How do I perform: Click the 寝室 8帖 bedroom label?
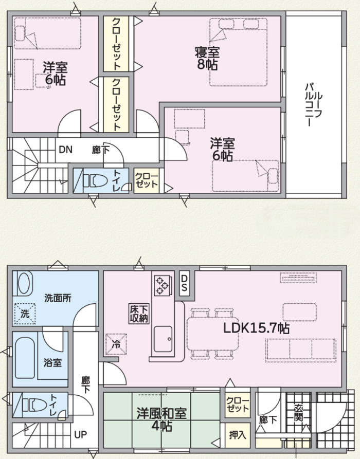point(207,59)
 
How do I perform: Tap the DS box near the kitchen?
point(184,283)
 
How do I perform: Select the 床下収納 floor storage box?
point(139,314)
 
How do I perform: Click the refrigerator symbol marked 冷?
point(116,344)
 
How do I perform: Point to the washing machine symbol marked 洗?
point(25,314)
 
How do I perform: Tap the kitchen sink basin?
point(163,339)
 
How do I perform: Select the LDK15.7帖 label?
point(257,328)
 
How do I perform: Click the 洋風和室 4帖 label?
point(161,420)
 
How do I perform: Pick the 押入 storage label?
point(237,435)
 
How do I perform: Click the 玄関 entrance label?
point(298,412)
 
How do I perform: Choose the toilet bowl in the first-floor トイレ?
point(35,406)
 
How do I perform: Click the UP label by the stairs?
point(80,435)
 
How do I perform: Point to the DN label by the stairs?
point(66,150)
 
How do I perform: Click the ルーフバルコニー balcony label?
point(314,104)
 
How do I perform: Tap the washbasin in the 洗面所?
point(24,283)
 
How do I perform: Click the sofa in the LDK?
point(300,348)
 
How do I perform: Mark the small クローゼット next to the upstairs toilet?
point(147,180)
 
